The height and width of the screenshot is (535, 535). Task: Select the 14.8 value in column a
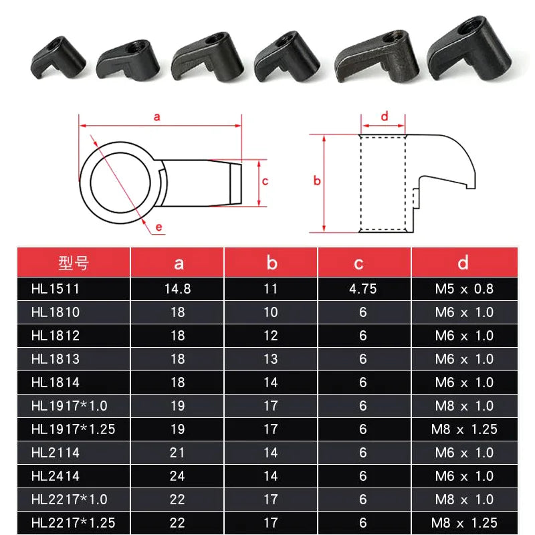pos(177,289)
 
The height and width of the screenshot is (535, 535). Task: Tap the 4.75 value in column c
pos(363,289)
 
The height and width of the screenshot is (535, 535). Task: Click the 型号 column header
pos(73,263)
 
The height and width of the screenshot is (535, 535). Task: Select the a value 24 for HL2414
pos(177,476)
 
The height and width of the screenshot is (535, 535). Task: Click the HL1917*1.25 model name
pos(73,429)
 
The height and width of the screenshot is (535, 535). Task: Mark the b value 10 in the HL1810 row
pos(270,312)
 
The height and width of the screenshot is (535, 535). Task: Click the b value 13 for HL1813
pos(270,359)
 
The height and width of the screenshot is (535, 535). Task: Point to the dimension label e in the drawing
pos(159,227)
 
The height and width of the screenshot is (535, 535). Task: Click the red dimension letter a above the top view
pos(157,116)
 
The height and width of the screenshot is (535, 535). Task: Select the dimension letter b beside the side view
pos(317,181)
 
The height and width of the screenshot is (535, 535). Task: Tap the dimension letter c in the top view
pos(265,181)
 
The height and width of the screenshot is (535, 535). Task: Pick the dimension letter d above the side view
pos(384,116)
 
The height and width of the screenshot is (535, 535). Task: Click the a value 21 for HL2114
pos(177,453)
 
